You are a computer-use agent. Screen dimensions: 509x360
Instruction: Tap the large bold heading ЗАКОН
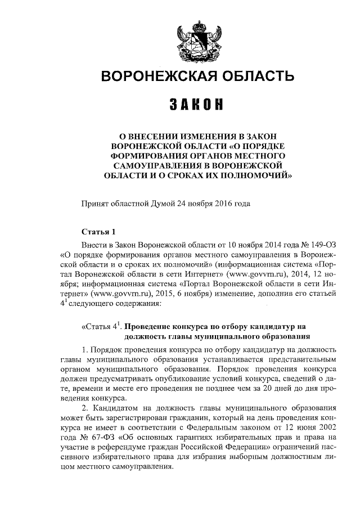point(197,105)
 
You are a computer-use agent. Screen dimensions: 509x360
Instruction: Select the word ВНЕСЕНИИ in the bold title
point(160,136)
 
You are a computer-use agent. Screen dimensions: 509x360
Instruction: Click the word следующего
point(91,304)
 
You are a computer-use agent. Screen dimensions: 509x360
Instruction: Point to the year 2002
point(326,428)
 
